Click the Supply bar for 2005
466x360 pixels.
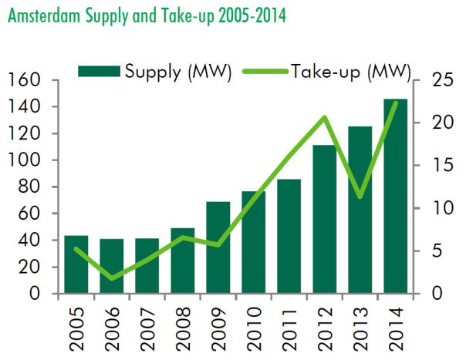point(76,264)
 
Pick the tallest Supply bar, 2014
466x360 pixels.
point(396,197)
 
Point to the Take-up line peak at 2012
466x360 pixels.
point(325,117)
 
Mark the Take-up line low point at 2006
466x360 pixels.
point(111,278)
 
